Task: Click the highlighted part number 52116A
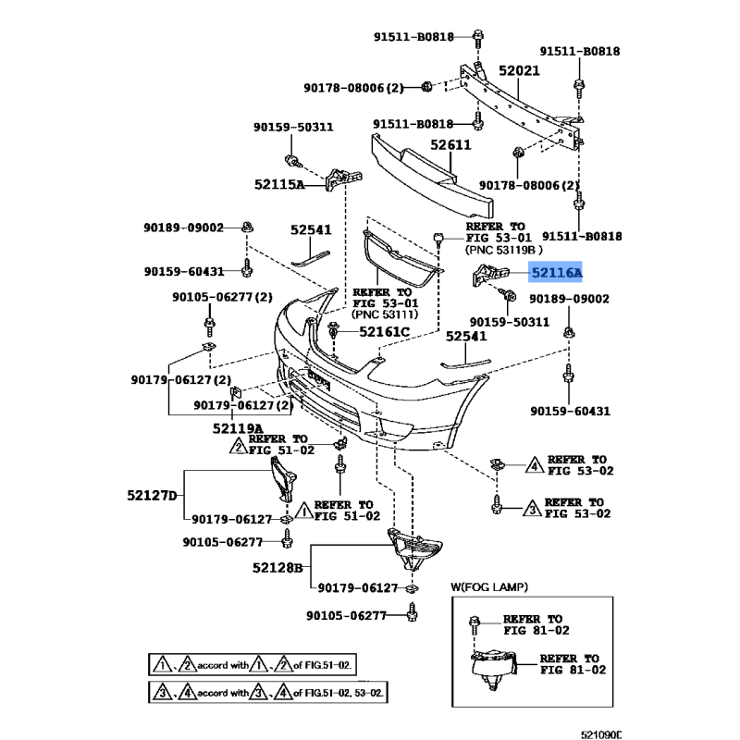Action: [557, 273]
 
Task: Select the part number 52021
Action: [518, 70]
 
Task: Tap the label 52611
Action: [450, 145]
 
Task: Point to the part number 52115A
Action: [279, 184]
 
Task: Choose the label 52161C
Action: [383, 330]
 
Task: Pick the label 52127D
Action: [152, 495]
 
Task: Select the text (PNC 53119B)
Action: [504, 250]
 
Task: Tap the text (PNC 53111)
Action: [384, 314]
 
